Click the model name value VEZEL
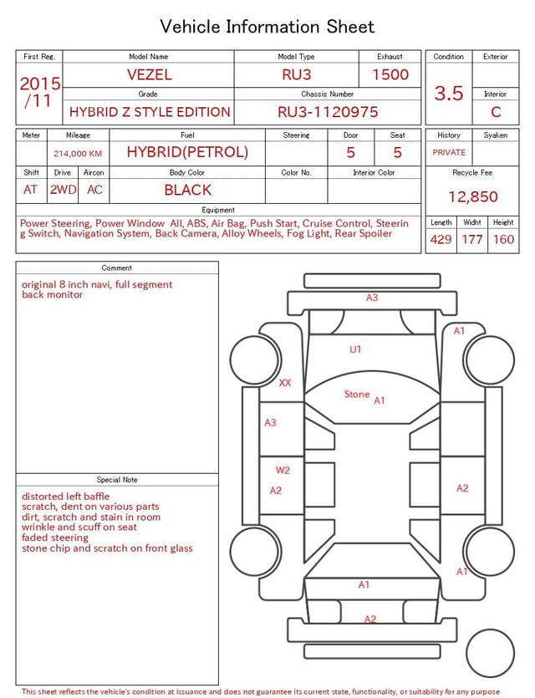(x=150, y=74)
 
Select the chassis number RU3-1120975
(x=328, y=112)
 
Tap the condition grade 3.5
(x=449, y=94)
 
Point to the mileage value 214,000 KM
(x=78, y=154)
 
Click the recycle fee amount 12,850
(x=472, y=196)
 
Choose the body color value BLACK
(x=188, y=190)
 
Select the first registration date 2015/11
(x=39, y=92)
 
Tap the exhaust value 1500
(x=390, y=74)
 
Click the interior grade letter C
(x=496, y=112)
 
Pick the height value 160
(x=503, y=239)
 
